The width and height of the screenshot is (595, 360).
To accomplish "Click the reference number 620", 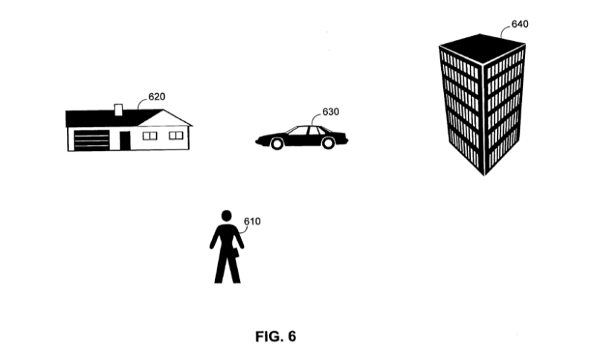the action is coord(157,97).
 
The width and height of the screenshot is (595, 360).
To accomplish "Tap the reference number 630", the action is coord(330,112).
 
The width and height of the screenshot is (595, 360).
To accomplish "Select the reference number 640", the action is coord(520,25).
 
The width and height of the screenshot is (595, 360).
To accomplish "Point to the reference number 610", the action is coord(252,221).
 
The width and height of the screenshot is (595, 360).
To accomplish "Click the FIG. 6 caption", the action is coord(275,336).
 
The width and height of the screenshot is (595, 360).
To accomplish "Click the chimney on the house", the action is coord(118,109).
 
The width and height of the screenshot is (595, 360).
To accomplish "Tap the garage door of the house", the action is coord(91,141).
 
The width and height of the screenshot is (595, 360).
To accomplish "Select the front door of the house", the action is coord(125,141).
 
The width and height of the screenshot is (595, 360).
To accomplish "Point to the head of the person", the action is coord(227,216).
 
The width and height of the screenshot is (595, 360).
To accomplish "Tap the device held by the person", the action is coord(236,253).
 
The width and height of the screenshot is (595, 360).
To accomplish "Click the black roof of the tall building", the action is coord(482,48).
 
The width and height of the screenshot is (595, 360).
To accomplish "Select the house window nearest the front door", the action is coord(149,136).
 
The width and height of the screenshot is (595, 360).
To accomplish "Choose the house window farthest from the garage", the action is coord(176,135).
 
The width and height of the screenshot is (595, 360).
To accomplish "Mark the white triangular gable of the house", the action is coord(164,120).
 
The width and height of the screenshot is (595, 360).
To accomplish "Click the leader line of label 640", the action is coord(504,30).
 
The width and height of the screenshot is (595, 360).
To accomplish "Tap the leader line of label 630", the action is coord(315,117).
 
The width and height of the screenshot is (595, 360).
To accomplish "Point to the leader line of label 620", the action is coord(141,102).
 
